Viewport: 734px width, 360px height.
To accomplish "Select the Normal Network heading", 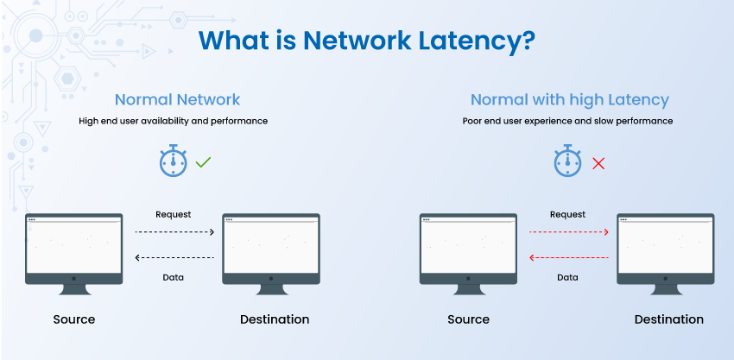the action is click(x=177, y=100).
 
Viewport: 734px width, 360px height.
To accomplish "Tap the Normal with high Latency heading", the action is click(x=570, y=100).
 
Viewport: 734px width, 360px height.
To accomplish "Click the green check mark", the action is click(x=203, y=162).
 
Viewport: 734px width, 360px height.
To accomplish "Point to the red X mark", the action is click(x=598, y=163).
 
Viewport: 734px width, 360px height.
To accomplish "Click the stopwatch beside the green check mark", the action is click(x=173, y=160).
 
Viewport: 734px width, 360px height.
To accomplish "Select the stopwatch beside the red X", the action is click(x=567, y=160).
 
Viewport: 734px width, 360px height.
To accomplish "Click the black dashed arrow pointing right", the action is click(x=174, y=231).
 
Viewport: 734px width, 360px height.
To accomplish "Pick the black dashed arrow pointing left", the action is click(x=174, y=257).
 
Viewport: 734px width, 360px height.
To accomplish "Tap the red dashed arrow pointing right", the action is click(x=569, y=231).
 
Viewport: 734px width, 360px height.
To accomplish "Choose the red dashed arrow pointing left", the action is click(x=569, y=257).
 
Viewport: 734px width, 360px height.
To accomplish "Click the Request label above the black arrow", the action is click(x=174, y=215).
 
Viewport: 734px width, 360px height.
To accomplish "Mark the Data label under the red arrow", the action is click(x=567, y=278).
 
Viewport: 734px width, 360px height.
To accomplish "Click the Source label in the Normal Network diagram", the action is click(x=74, y=319).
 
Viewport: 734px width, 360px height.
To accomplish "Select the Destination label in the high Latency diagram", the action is click(x=669, y=319).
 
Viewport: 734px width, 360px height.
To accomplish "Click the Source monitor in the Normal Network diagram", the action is click(x=74, y=254).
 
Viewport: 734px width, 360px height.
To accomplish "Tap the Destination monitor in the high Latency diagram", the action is click(x=666, y=254).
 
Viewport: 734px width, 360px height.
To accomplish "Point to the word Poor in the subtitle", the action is click(x=471, y=121).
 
